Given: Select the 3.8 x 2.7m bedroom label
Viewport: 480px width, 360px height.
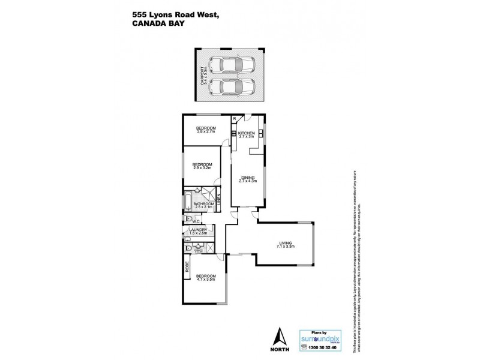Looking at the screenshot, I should [x=207, y=130].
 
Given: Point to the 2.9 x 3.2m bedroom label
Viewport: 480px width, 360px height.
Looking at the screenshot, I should [x=202, y=166].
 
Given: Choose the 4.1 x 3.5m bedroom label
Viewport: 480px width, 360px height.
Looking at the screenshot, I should [x=205, y=278].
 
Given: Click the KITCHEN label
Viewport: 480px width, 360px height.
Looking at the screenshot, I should [x=247, y=134].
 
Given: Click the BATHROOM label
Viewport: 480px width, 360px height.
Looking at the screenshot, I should [x=204, y=205].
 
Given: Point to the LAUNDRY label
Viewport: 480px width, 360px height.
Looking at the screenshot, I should [x=198, y=231].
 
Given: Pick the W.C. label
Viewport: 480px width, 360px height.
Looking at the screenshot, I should [x=196, y=221].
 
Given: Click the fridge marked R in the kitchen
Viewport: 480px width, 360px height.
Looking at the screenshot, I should [x=235, y=118].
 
